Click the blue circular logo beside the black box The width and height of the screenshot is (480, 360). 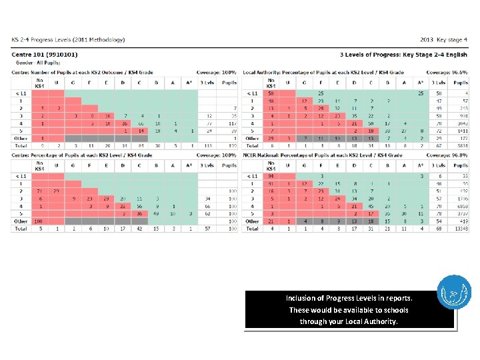(x=454, y=293)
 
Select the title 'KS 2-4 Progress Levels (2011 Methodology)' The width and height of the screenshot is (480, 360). (x=68, y=39)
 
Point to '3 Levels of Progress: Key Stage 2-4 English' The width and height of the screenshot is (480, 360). (x=403, y=54)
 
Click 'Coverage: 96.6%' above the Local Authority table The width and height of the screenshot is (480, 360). (x=447, y=72)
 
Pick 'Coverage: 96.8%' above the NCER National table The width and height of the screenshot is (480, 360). (x=447, y=155)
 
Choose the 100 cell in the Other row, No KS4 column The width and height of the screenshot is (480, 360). (x=39, y=221)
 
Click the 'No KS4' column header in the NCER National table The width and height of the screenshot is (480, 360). (x=271, y=165)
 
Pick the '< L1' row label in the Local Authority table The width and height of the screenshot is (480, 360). (x=253, y=93)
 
